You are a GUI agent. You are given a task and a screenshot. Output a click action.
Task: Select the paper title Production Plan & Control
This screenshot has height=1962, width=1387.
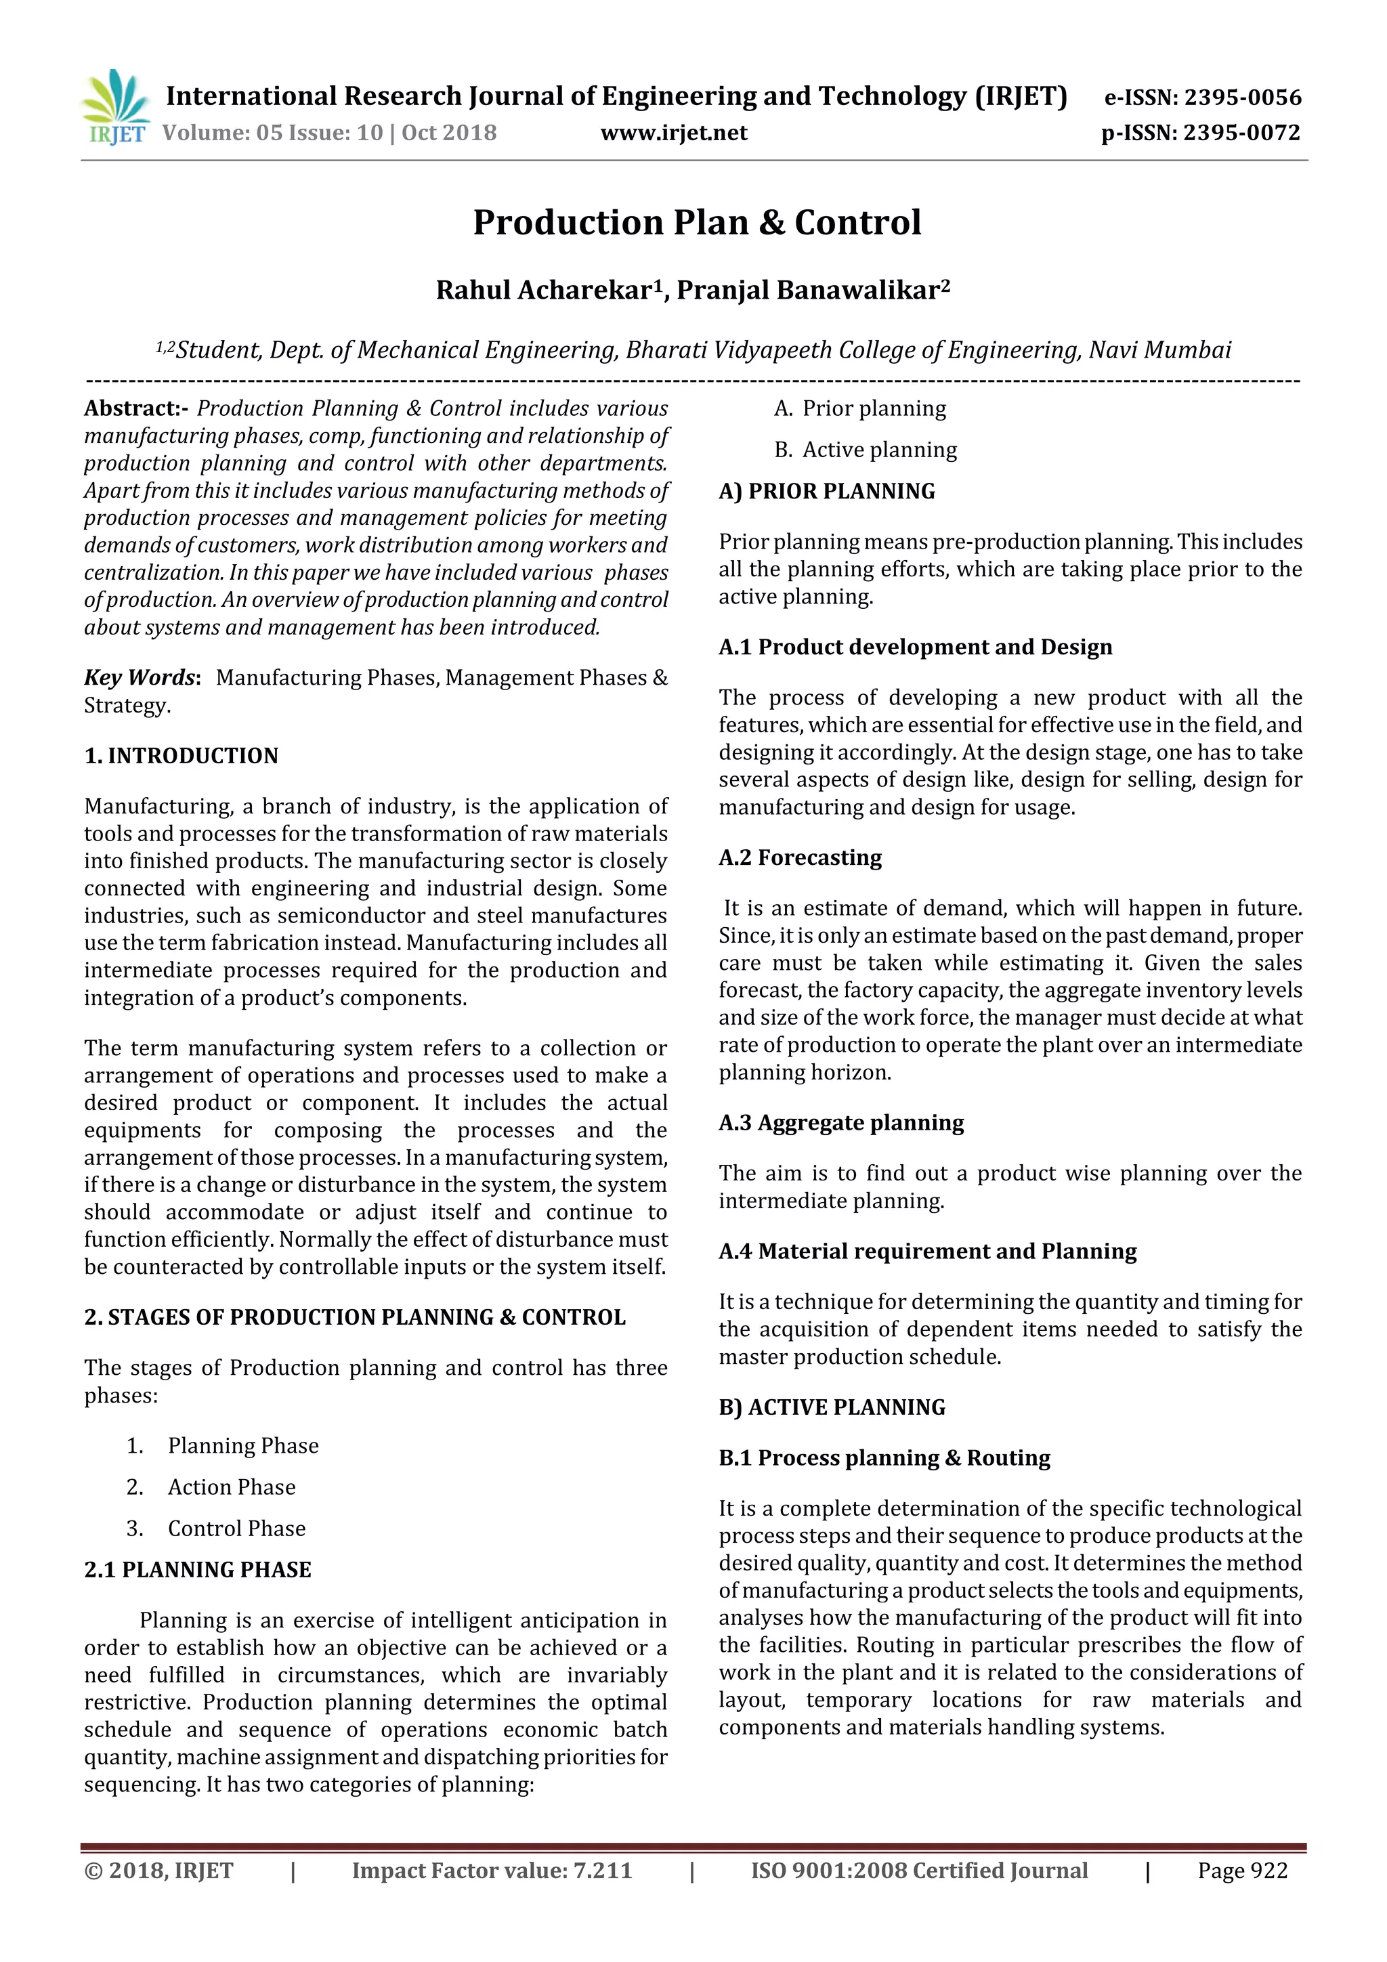696,222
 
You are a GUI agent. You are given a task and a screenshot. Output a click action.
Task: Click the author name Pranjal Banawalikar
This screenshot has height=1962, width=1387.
812,291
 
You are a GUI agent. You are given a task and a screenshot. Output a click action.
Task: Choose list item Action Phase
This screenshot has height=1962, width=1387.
232,1487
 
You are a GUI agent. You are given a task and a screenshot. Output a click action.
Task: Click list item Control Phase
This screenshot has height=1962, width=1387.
237,1528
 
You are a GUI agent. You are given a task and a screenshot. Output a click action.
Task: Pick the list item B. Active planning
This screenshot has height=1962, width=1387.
865,450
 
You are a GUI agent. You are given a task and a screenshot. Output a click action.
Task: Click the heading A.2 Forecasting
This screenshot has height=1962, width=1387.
800,857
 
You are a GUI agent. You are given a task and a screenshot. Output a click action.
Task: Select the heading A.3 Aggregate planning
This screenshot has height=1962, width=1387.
841,1122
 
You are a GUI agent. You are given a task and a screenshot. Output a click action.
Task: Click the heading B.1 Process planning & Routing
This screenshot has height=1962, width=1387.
884,1458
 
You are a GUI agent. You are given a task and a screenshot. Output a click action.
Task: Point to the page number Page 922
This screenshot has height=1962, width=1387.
1241,1871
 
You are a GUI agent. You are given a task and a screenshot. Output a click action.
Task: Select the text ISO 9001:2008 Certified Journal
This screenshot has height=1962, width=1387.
919,1871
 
